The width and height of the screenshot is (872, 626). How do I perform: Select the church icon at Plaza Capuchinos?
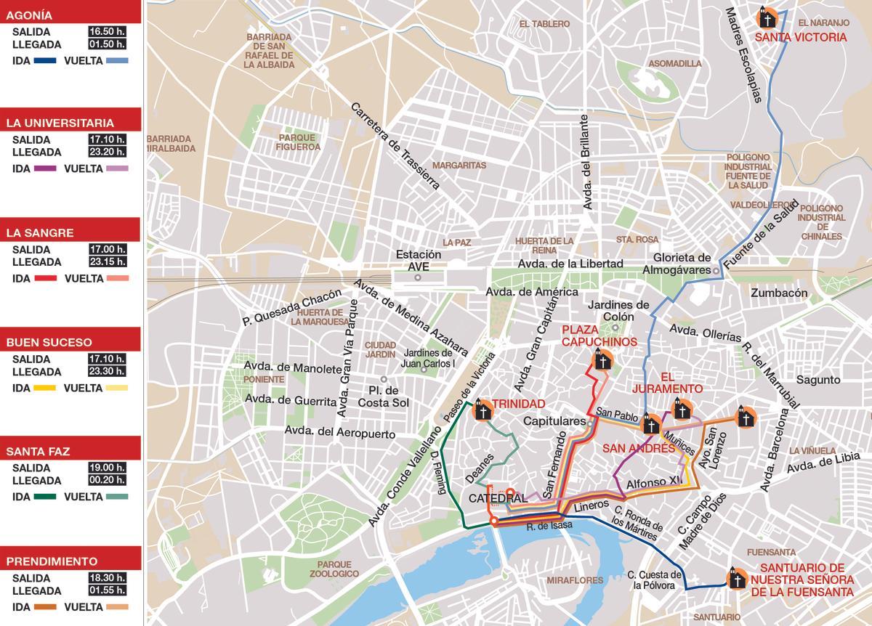click(602, 359)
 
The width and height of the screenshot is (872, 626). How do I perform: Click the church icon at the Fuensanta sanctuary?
click(737, 579)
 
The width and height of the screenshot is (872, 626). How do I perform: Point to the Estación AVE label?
click(419, 261)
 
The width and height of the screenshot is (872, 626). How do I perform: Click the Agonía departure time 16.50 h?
click(107, 32)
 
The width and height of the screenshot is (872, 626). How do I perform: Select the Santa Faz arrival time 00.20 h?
click(107, 481)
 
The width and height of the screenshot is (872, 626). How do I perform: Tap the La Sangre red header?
click(70, 233)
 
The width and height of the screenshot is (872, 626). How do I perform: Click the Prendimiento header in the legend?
click(70, 561)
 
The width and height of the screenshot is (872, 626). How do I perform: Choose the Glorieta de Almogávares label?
click(681, 264)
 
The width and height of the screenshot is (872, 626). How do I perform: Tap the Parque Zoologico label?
click(334, 569)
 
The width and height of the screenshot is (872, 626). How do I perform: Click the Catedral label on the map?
click(497, 499)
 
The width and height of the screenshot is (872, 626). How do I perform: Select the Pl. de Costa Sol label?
click(385, 397)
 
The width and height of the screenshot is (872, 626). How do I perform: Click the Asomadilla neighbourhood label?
click(675, 63)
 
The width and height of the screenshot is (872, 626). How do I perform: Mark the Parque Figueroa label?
click(299, 142)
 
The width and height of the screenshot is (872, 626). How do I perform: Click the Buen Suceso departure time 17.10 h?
click(107, 359)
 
